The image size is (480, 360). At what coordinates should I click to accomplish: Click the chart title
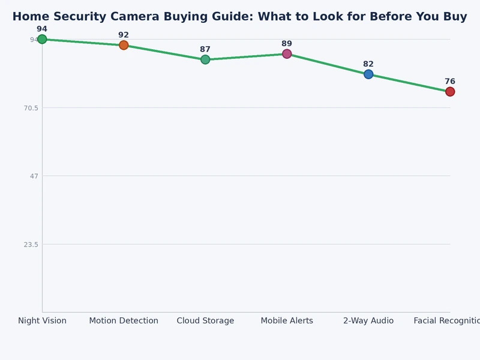click(x=239, y=17)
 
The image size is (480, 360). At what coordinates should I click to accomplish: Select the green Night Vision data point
click(x=42, y=40)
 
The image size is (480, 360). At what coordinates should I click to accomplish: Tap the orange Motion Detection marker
click(x=124, y=45)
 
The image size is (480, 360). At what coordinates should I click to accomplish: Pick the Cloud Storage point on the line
click(x=205, y=59)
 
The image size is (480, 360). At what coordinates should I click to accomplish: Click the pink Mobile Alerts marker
click(x=287, y=54)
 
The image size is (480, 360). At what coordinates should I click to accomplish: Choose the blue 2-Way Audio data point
click(x=368, y=74)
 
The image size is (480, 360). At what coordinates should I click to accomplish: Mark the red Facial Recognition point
click(x=450, y=92)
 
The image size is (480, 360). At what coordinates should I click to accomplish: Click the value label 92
click(x=124, y=35)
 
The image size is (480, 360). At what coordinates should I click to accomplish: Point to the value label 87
click(x=205, y=49)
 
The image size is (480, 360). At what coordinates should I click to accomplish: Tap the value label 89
click(x=287, y=44)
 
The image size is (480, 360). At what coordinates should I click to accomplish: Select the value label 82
click(x=368, y=64)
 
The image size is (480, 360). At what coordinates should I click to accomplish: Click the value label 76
click(x=450, y=82)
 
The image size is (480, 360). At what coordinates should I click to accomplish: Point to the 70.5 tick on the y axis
click(x=30, y=108)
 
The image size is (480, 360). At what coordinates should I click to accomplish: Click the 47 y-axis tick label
click(x=34, y=176)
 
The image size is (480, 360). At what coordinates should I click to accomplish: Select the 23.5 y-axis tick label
click(x=30, y=244)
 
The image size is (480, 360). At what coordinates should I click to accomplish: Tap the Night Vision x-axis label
click(x=42, y=321)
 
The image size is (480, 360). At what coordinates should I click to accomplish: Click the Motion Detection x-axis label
click(x=124, y=321)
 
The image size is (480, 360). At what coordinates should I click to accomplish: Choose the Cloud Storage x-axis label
click(x=205, y=321)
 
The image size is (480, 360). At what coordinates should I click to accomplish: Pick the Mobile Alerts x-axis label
click(x=287, y=321)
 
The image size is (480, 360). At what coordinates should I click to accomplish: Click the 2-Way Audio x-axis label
click(x=368, y=321)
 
